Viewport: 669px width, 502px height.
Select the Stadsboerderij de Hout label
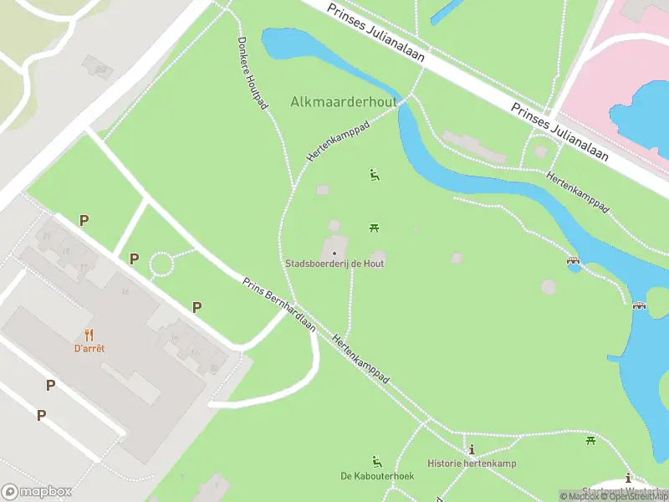coord(334,264)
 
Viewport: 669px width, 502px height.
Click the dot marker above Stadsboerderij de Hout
coord(334,253)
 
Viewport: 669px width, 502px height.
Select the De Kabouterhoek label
coord(377,476)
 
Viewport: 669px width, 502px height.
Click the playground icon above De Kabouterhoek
coord(377,461)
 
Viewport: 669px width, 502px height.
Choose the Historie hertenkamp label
coord(472,464)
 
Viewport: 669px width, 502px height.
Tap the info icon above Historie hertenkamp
coord(472,450)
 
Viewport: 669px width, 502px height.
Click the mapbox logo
coord(37,492)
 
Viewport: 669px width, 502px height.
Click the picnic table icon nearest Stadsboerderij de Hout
coord(375,227)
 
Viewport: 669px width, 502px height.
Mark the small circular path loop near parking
coord(161,265)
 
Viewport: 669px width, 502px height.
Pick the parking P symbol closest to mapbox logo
coord(40,415)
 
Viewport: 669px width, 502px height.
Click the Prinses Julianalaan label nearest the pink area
coord(560,132)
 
